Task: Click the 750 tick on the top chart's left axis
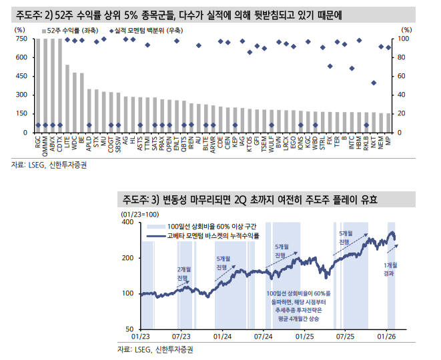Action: pyautogui.click(x=19, y=39)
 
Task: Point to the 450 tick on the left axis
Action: pyautogui.click(x=19, y=77)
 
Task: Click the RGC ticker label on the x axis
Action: pyautogui.click(x=37, y=143)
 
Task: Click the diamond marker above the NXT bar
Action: pyautogui.click(x=374, y=83)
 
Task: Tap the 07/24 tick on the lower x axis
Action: pyautogui.click(x=264, y=339)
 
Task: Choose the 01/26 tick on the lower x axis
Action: pyautogui.click(x=388, y=339)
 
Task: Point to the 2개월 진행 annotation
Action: pyautogui.click(x=183, y=273)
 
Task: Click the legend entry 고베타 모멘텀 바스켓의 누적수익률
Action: pyautogui.click(x=213, y=236)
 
